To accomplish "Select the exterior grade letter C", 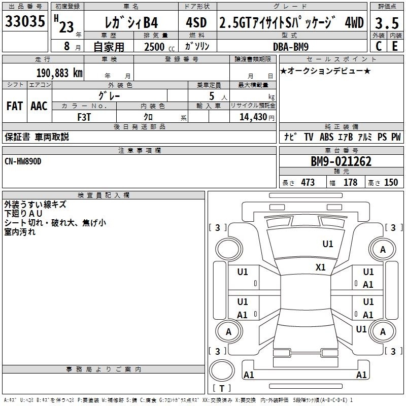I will click(x=379, y=46).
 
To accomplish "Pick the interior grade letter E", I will click(x=395, y=46).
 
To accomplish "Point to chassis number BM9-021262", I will click(x=341, y=161).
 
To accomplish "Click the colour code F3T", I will click(x=84, y=116).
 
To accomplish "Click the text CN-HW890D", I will click(x=23, y=161).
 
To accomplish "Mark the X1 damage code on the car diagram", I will click(x=321, y=267).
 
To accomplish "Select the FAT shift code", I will click(x=14, y=106).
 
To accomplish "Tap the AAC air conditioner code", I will click(x=39, y=106).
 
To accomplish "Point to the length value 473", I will click(x=308, y=182).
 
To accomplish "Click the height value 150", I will click(x=391, y=182).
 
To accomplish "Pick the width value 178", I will click(x=350, y=182).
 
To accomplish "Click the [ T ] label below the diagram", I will click(x=222, y=388).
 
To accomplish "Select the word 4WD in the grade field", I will click(x=354, y=22).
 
